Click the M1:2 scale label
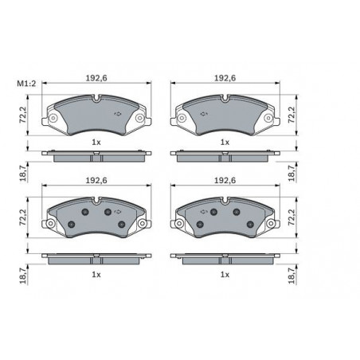(x=26, y=84)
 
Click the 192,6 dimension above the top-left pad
(x=96, y=78)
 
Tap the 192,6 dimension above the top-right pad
(x=225, y=78)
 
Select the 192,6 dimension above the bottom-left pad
(x=96, y=181)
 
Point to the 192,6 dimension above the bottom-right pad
(x=225, y=181)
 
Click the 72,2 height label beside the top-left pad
(x=23, y=115)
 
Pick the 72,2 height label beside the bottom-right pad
(x=292, y=217)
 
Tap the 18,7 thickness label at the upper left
(x=23, y=173)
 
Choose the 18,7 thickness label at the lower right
(x=292, y=276)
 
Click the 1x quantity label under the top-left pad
(x=96, y=143)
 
